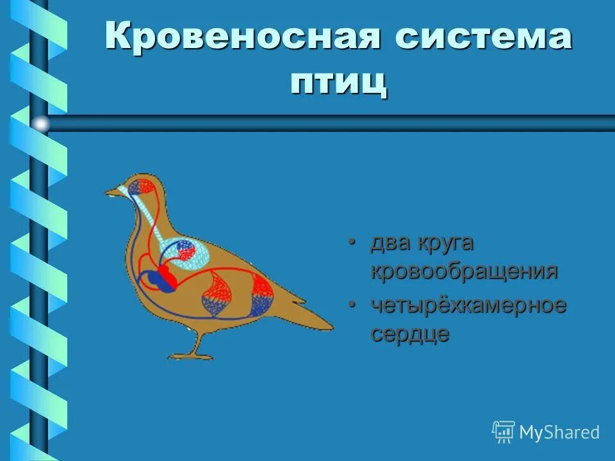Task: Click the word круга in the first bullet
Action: tap(446, 243)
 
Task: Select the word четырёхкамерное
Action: tap(468, 306)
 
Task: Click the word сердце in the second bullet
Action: tap(410, 334)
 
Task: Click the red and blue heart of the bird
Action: tap(161, 279)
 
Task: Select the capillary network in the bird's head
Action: tap(142, 188)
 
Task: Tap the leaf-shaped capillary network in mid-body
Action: tap(218, 293)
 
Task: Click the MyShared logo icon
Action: tap(504, 432)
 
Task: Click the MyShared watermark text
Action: tap(559, 432)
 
